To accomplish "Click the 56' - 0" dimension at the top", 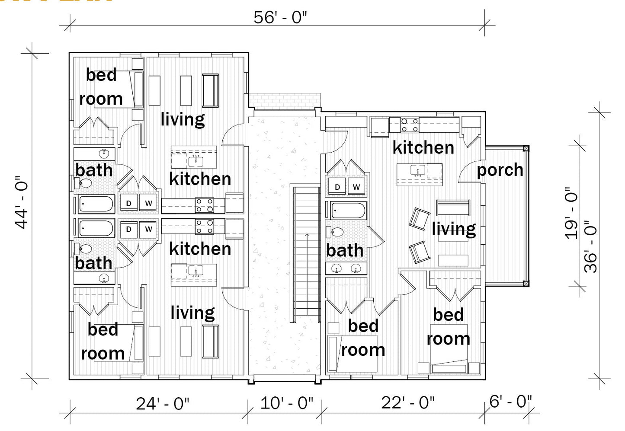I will point(280,18).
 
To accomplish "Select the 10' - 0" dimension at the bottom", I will point(286,403).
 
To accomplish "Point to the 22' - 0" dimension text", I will point(407,402).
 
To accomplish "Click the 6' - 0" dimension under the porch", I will point(510,401).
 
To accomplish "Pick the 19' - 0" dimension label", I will point(571,213).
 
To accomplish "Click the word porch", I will point(500,170).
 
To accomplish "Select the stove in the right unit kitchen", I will point(409,125).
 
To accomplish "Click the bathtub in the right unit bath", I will point(348,211).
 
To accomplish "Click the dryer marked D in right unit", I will point(337,187).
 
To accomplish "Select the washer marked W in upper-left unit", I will point(148,203).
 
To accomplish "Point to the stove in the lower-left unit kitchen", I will point(204,227).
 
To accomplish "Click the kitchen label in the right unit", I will point(423,147).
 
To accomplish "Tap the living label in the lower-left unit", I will point(192,313).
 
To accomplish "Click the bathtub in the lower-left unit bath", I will point(96,228).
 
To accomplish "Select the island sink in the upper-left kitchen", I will point(196,160).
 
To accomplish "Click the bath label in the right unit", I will point(345,250).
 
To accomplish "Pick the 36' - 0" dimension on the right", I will point(591,246).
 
